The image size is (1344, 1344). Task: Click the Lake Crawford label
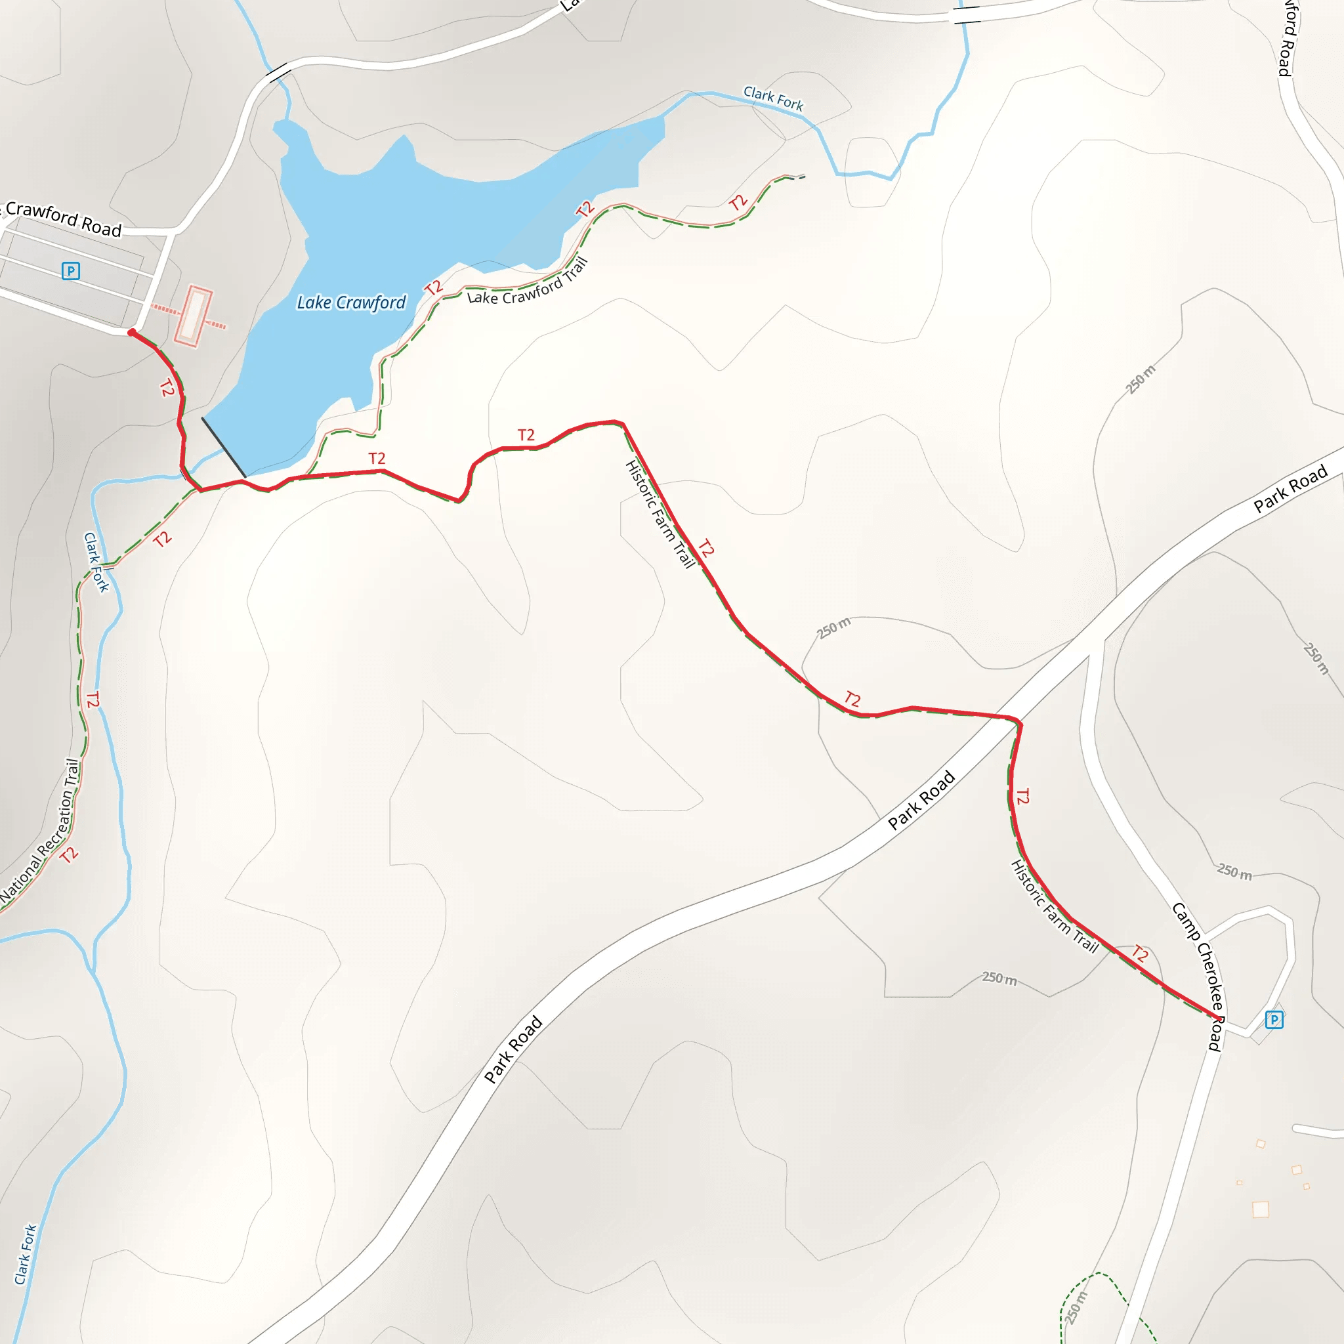[x=350, y=303]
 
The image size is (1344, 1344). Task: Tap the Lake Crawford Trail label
[x=528, y=283]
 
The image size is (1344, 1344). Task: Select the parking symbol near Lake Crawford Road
[x=70, y=270]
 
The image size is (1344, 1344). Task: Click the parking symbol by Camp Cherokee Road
[x=1274, y=1020]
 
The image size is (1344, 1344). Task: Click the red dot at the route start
[x=131, y=333]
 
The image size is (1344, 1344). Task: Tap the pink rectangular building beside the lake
[x=192, y=316]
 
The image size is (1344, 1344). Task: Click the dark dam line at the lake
[x=223, y=448]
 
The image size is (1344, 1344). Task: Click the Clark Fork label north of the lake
[x=773, y=98]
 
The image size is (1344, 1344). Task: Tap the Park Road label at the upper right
[x=1290, y=490]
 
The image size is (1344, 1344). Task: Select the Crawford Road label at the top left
[x=62, y=219]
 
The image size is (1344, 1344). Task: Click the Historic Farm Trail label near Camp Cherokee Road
[x=1054, y=906]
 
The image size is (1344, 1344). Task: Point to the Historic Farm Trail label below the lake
[x=660, y=514]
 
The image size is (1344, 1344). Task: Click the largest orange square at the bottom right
[x=1261, y=1209]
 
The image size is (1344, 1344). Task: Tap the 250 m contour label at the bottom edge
[x=1076, y=1308]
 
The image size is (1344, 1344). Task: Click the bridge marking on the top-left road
[x=278, y=72]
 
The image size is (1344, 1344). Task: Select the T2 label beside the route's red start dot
[x=167, y=387]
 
